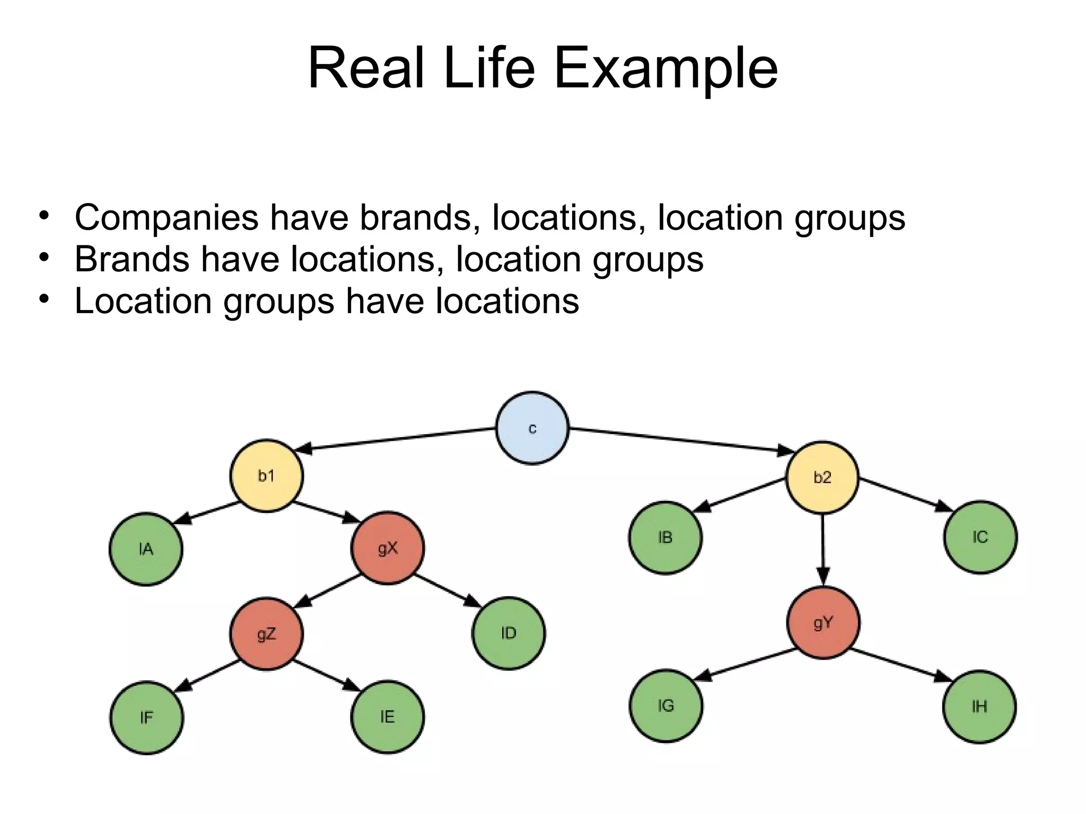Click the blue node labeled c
(x=532, y=428)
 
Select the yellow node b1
(x=266, y=476)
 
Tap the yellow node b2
(x=822, y=477)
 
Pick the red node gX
(x=388, y=548)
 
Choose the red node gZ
(x=266, y=634)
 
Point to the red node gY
(x=823, y=623)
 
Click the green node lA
(x=146, y=549)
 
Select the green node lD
(x=509, y=633)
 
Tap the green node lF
(x=146, y=718)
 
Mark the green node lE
(x=388, y=717)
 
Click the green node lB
(x=665, y=537)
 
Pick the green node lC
(x=980, y=537)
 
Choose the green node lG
(x=666, y=706)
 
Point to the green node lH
(x=979, y=706)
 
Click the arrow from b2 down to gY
(x=822, y=551)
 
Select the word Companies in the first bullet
(x=167, y=218)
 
